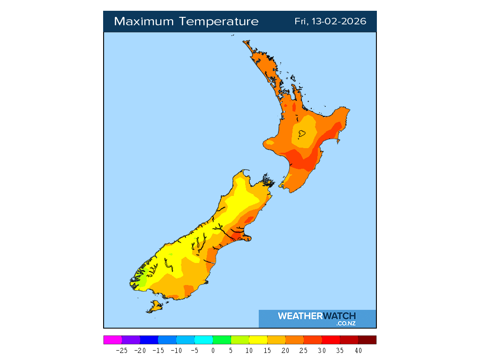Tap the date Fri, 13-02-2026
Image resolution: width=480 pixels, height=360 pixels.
[330, 22]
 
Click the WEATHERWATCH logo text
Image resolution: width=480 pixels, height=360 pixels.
[317, 316]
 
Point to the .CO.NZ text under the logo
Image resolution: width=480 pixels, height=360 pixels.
[346, 323]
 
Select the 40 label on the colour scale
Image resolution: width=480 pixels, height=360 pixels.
[358, 350]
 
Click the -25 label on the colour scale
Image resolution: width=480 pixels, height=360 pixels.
[122, 350]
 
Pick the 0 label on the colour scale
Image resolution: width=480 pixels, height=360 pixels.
[213, 350]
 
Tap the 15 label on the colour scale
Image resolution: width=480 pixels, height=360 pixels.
[267, 350]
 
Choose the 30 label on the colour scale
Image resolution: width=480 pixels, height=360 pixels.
[322, 350]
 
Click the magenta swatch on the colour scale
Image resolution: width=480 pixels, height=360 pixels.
[112, 340]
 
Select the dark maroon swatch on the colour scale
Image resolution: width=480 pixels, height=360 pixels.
[367, 340]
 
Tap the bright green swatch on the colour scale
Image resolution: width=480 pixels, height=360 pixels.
[222, 340]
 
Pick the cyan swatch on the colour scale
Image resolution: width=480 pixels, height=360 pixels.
[203, 340]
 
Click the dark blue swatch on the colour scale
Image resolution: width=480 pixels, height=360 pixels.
[149, 340]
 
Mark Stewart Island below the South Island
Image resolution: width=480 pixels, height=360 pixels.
[155, 307]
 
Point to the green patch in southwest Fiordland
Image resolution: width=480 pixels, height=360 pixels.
[141, 282]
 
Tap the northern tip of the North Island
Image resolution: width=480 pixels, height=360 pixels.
[244, 42]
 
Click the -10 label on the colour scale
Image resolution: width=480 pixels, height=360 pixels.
[176, 350]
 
